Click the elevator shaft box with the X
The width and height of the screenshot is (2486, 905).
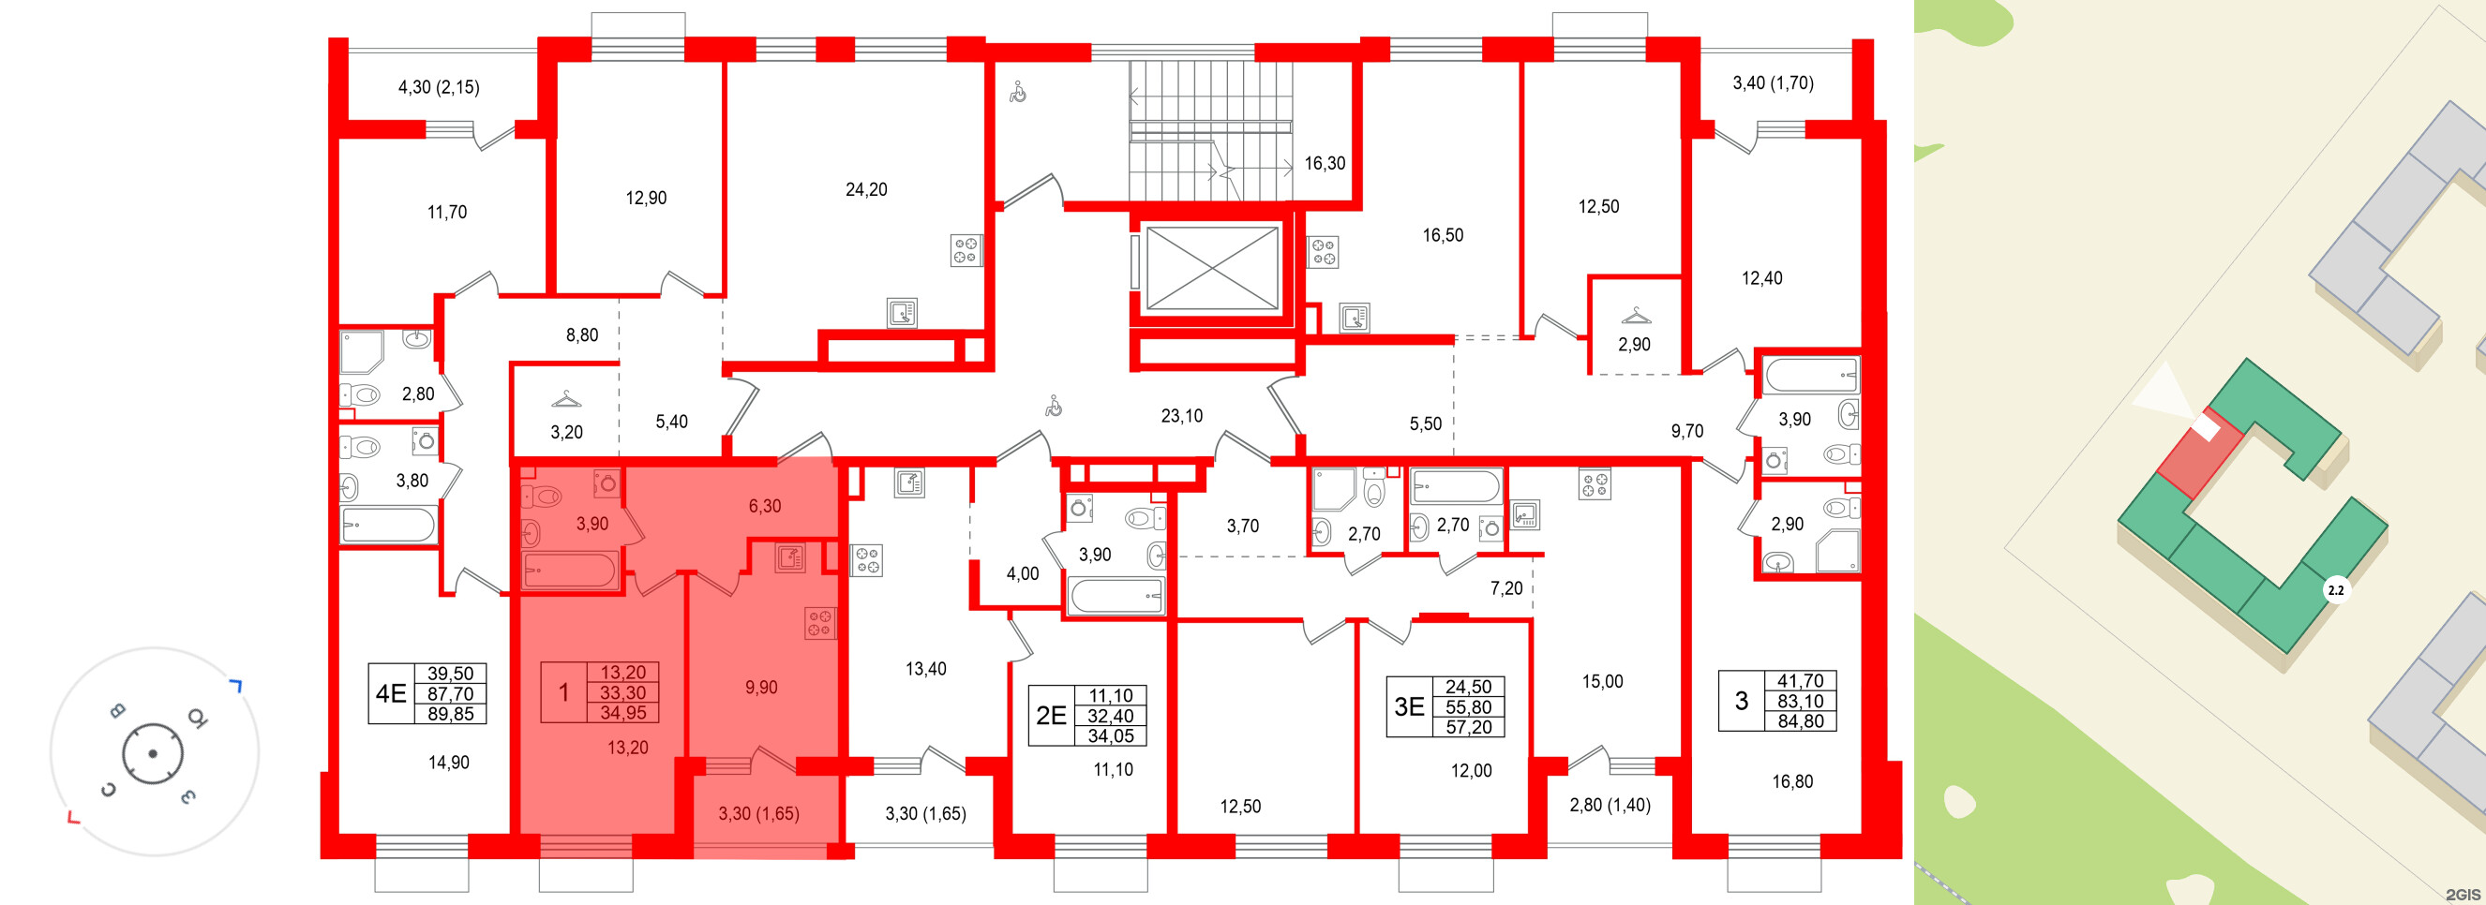(x=1212, y=268)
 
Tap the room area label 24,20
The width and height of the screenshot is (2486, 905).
(x=865, y=190)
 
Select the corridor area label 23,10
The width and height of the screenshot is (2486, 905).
(x=1181, y=416)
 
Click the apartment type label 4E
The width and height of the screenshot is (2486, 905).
(x=391, y=692)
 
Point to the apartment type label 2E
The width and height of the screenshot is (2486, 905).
(x=1051, y=715)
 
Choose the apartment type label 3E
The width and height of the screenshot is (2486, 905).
(x=1409, y=706)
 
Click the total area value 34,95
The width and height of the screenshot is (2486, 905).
(x=622, y=713)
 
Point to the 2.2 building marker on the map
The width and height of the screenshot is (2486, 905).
(x=2335, y=589)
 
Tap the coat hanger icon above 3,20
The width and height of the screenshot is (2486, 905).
(x=566, y=398)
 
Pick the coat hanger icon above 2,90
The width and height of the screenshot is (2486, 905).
(x=1636, y=316)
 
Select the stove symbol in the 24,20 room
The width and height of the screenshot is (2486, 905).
(x=966, y=251)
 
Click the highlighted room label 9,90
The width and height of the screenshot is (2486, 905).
(x=760, y=688)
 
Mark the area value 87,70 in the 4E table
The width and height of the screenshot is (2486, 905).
(x=450, y=693)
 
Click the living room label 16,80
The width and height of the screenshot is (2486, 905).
(x=1792, y=781)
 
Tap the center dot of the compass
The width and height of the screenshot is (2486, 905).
(x=153, y=753)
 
